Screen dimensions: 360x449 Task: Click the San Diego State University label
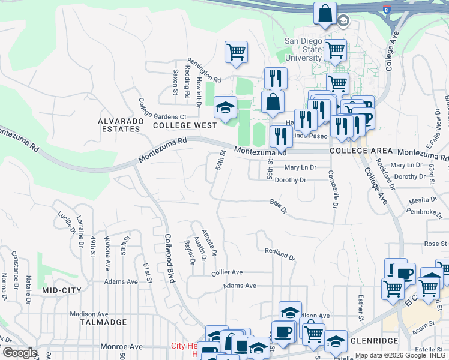pyautogui.click(x=303, y=49)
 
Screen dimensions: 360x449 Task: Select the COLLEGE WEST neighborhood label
pyautogui.click(x=184, y=125)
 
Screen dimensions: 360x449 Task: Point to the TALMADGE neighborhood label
pyautogui.click(x=103, y=322)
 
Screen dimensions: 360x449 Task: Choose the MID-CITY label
pyautogui.click(x=62, y=290)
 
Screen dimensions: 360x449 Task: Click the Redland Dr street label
pyautogui.click(x=280, y=254)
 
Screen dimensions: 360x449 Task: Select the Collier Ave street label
pyautogui.click(x=227, y=272)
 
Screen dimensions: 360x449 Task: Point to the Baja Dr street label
pyautogui.click(x=279, y=207)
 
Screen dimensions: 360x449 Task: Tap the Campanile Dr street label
pyautogui.click(x=332, y=188)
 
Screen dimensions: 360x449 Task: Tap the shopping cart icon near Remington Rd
pyautogui.click(x=237, y=52)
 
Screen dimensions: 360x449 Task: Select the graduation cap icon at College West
pyautogui.click(x=225, y=109)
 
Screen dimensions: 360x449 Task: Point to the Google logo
pyautogui.click(x=20, y=353)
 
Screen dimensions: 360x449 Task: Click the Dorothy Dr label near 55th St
pyautogui.click(x=291, y=180)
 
